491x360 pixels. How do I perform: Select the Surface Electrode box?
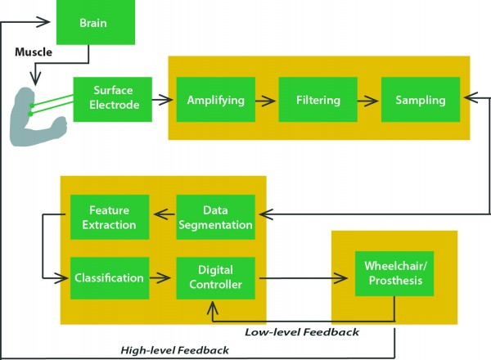pyautogui.click(x=112, y=99)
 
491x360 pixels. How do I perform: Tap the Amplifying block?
pyautogui.click(x=215, y=101)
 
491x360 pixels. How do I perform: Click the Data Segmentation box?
pyautogui.click(x=215, y=217)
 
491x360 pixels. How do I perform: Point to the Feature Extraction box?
pyautogui.click(x=110, y=217)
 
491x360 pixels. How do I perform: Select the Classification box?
pyautogui.click(x=109, y=278)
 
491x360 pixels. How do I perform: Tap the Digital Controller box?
pyautogui.click(x=215, y=278)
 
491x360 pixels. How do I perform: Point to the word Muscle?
pyautogui.click(x=34, y=52)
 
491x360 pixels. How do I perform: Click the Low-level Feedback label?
pyautogui.click(x=302, y=332)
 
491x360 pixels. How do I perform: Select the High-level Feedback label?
pyautogui.click(x=174, y=350)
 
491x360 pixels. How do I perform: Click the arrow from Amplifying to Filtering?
pyautogui.click(x=266, y=101)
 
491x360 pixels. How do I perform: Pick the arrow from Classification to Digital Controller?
pyautogui.click(x=163, y=279)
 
